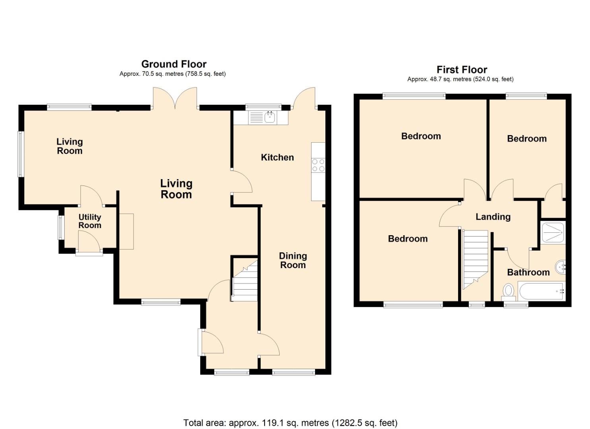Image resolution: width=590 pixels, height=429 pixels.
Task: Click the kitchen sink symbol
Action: [x=270, y=117]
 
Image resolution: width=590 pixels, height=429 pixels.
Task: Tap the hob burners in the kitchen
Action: [x=318, y=165]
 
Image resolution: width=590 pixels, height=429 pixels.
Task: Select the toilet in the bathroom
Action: [x=509, y=292]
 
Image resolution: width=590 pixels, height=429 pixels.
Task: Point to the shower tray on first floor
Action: [x=553, y=232]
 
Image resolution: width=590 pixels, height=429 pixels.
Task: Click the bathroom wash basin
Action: [x=561, y=267]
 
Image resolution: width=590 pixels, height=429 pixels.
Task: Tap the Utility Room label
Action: [x=90, y=221]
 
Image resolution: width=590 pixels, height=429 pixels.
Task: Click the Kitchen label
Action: [x=277, y=157]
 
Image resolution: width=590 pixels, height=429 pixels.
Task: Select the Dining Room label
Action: [x=293, y=261]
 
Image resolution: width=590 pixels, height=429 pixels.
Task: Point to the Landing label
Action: [x=493, y=216]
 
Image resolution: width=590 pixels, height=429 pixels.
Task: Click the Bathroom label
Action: [x=528, y=272]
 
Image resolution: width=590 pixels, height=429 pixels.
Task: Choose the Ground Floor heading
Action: [x=174, y=64]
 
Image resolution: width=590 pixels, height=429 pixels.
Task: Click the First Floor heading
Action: [x=462, y=70]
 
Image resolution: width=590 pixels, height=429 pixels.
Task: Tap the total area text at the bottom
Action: [x=290, y=423]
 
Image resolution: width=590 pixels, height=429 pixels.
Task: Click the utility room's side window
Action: [x=61, y=227]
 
